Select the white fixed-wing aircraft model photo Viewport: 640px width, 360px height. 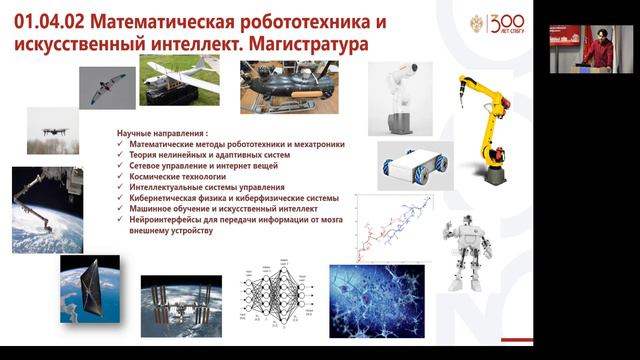point(180,79)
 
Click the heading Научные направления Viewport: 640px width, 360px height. point(162,133)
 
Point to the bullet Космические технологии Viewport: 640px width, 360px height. point(176,176)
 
